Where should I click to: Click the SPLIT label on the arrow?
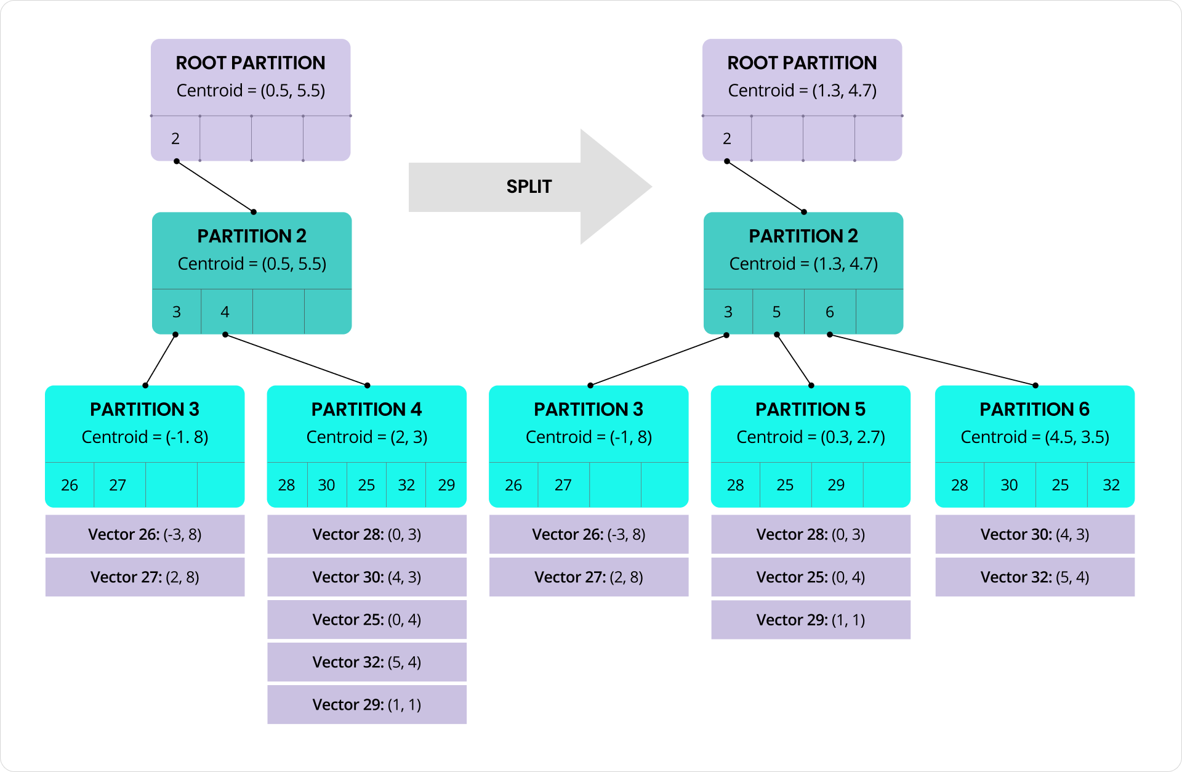(x=529, y=187)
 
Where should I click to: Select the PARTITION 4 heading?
(x=366, y=409)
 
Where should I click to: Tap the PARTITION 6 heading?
(x=1034, y=409)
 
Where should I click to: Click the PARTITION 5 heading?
(x=810, y=409)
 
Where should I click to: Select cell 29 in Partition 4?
(x=446, y=485)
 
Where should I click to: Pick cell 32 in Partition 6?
(x=1111, y=485)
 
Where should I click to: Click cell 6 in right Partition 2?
(x=829, y=312)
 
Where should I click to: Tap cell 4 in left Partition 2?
(x=225, y=312)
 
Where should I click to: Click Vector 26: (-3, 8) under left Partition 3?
(x=145, y=534)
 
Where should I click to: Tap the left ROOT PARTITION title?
(x=251, y=63)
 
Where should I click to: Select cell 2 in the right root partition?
(x=727, y=139)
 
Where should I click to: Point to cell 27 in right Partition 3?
(x=563, y=485)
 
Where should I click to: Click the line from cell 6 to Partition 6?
(x=933, y=360)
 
